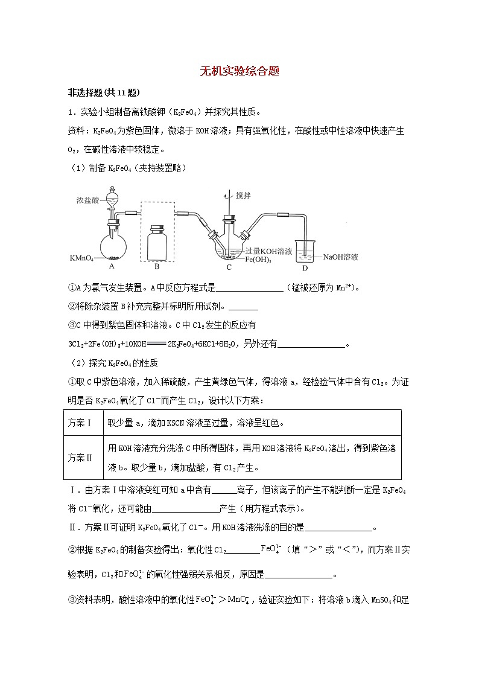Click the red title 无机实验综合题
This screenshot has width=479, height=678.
pos(239,71)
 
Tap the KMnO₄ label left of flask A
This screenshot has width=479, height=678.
pos(81,258)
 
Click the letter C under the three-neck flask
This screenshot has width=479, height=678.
pos(229,266)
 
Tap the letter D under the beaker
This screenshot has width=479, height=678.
pos(305,267)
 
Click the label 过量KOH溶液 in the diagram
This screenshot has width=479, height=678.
pos(269,251)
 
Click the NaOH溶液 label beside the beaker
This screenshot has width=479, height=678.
pos(341,257)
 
